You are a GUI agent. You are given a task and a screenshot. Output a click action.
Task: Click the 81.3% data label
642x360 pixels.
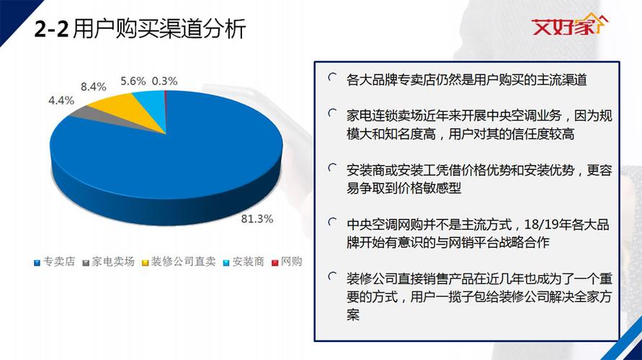257,218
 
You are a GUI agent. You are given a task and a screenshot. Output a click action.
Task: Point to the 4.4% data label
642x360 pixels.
62,100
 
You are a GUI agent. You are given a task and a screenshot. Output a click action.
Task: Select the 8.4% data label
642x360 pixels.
94,86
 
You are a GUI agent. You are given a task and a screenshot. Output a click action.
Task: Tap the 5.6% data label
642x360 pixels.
133,81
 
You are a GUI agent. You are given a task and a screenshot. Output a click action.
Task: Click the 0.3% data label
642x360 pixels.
164,81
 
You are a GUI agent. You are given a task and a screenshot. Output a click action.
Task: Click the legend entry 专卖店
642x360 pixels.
54,262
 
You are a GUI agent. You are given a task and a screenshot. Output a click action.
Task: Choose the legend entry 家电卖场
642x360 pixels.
107,262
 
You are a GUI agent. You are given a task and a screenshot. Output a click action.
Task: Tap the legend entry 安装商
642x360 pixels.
243,262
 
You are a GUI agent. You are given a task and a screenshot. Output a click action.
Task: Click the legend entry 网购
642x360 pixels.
287,262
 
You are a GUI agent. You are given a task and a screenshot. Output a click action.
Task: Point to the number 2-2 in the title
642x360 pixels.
51,30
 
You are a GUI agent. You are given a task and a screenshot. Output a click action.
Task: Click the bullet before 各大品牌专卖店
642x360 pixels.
331,76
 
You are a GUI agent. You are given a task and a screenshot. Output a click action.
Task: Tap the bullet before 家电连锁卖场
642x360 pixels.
331,113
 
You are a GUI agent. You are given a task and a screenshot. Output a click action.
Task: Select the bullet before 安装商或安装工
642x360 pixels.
331,168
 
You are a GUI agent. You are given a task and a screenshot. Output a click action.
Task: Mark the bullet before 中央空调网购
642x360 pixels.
331,222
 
